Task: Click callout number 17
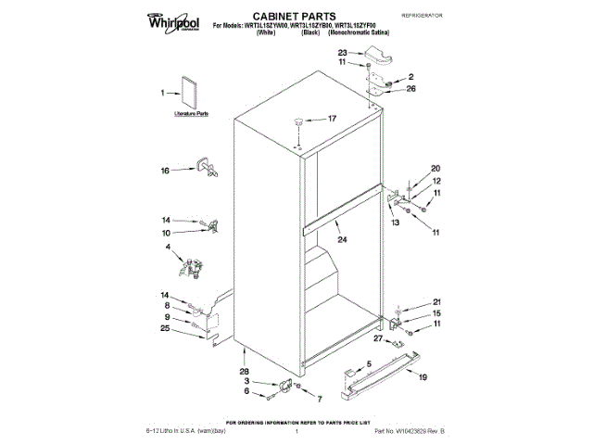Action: (332, 119)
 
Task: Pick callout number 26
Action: (411, 89)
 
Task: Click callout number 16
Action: (166, 171)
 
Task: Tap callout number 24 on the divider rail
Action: (342, 239)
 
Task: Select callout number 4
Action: (169, 247)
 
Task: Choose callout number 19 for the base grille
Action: (423, 377)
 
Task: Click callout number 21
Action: (437, 302)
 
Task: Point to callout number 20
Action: (435, 168)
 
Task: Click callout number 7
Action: (320, 399)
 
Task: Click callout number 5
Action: (368, 362)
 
